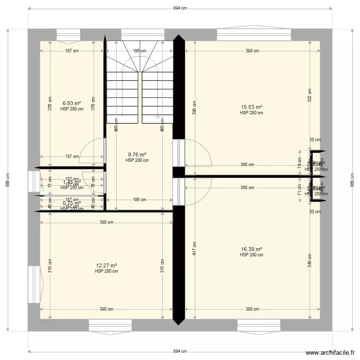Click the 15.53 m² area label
click(252, 108)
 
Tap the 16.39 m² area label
click(252, 249)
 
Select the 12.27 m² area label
click(106, 265)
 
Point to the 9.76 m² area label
click(137, 155)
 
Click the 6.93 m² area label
click(72, 103)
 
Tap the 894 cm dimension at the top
click(180, 8)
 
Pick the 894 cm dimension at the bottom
click(180, 351)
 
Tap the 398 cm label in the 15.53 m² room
click(252, 51)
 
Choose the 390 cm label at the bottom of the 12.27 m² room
click(107, 310)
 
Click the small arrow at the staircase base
click(157, 117)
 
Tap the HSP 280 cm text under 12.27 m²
click(106, 271)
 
